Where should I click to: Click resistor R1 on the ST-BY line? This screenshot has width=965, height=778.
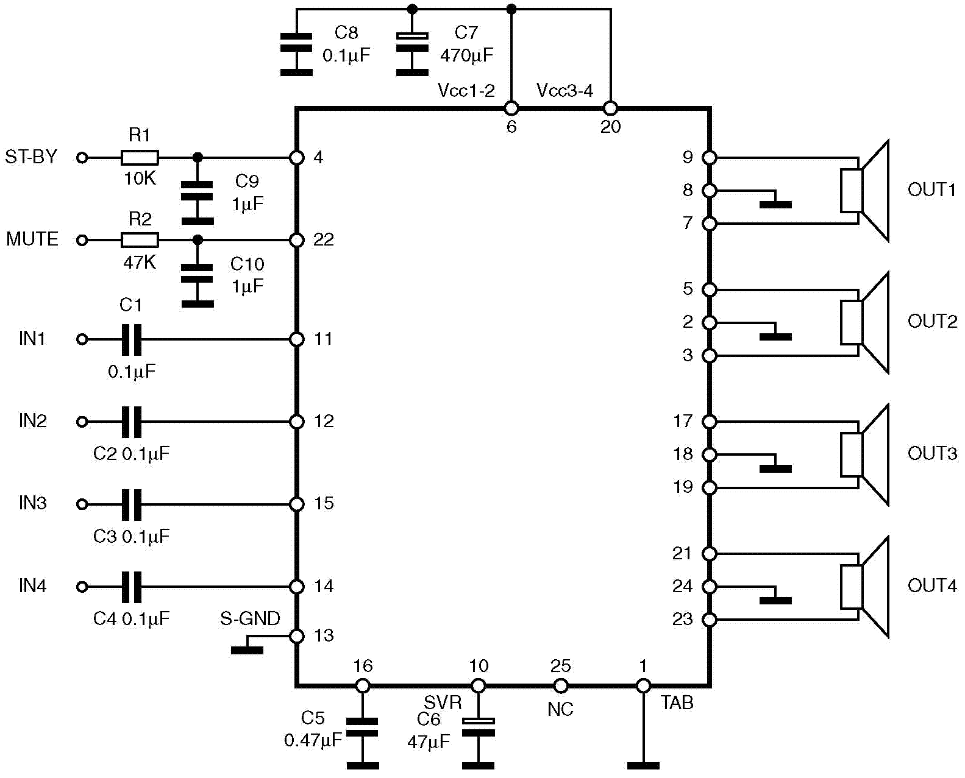(x=140, y=158)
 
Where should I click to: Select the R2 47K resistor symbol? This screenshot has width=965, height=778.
(x=140, y=240)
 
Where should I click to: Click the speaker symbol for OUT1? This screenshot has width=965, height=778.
(x=864, y=191)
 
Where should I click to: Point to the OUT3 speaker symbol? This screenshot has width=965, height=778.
(x=864, y=454)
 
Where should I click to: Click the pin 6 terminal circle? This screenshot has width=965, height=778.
(x=511, y=109)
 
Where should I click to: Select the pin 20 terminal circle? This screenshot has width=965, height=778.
(x=610, y=109)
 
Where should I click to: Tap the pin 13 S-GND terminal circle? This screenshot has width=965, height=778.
(x=297, y=636)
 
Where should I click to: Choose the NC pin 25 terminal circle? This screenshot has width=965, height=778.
(x=560, y=686)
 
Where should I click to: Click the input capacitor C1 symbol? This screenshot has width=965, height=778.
(x=131, y=339)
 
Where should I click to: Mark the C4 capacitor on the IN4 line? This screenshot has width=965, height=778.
(x=131, y=587)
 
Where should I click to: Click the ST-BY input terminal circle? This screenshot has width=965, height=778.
(x=82, y=158)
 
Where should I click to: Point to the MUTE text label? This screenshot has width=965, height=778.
(x=32, y=239)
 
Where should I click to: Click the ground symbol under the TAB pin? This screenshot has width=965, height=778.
(x=643, y=765)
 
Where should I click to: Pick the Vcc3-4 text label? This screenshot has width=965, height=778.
(x=564, y=91)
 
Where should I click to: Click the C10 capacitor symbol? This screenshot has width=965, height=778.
(x=198, y=274)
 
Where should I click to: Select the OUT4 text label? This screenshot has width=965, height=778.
(x=932, y=585)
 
